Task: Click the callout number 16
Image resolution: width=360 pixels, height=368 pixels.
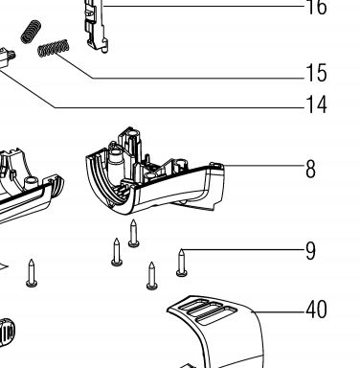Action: pos(316,7)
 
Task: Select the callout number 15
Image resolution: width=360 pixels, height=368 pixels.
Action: pos(316,73)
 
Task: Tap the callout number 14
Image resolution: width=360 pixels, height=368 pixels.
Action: pos(316,104)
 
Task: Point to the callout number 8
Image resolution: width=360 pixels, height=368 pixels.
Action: pos(310,169)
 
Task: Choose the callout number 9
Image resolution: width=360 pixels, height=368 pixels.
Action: pos(310,251)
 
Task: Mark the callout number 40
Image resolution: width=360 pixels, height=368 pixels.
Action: pos(316,310)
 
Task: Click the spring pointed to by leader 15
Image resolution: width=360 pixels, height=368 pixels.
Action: pos(54,48)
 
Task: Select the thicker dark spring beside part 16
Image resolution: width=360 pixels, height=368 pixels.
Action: pos(31,32)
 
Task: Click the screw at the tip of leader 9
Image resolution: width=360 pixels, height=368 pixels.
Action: pos(182,263)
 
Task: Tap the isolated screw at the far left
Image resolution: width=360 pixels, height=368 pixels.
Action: pos(32,273)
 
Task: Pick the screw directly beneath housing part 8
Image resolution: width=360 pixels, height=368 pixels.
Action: pos(134,234)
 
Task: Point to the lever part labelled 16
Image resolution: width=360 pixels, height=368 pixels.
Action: pos(95,27)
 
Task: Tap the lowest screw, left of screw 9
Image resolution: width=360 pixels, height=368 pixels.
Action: pos(152,276)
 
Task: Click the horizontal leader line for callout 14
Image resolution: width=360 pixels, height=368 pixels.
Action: pos(180,108)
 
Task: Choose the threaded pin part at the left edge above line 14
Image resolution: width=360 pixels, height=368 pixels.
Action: pos(7,58)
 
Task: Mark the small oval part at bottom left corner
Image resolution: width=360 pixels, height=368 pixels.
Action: pos(7,333)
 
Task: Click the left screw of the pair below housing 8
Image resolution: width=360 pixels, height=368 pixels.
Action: pos(117,252)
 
